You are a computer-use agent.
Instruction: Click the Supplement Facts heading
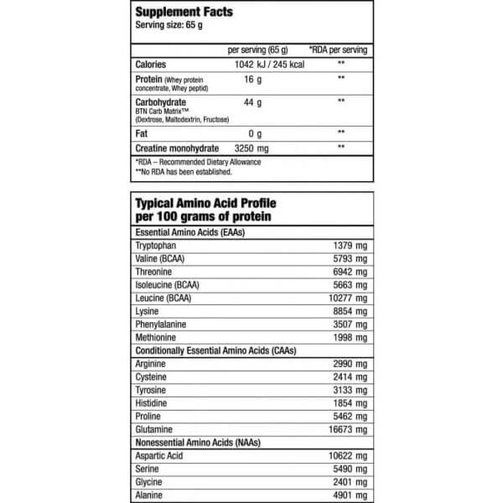184,13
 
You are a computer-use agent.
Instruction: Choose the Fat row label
142,132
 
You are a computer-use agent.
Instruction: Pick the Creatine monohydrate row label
178,148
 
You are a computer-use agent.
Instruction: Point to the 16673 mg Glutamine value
345,430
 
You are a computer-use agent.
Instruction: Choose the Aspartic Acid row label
158,456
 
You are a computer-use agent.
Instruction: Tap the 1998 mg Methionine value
347,337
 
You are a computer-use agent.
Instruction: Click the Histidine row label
152,403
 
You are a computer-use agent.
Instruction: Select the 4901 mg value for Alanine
347,495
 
